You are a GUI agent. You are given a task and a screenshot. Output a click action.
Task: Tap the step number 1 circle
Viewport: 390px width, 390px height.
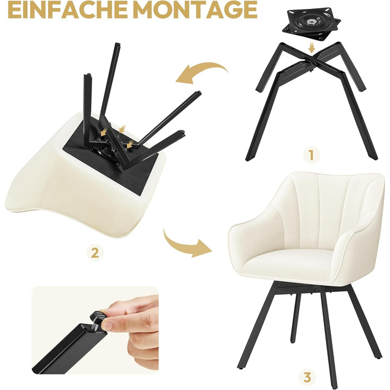tap(311, 155)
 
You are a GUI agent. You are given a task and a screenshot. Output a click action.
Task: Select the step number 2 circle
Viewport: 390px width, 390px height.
tap(95, 253)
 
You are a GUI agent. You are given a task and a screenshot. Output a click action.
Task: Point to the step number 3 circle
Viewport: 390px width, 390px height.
tap(307, 378)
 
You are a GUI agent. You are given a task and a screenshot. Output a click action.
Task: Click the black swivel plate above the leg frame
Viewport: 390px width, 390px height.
tap(311, 24)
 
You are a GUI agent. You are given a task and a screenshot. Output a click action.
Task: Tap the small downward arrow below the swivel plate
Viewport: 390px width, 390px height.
tap(311, 47)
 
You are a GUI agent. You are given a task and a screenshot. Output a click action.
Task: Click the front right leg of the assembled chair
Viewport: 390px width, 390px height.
tap(329, 336)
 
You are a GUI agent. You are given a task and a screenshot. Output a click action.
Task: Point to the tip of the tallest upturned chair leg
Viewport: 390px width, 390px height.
tap(118, 44)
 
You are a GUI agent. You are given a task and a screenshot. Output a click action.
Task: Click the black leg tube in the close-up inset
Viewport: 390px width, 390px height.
tap(65, 349)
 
